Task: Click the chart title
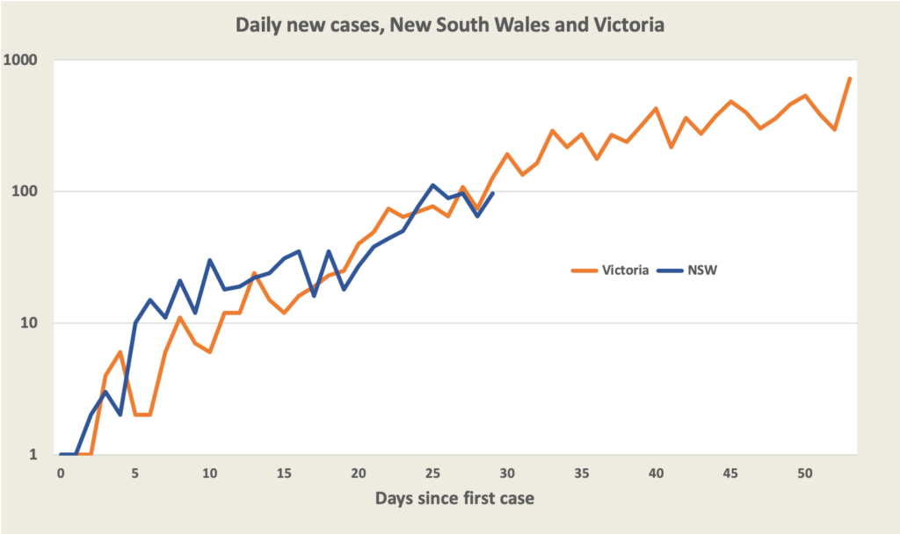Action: pos(449,25)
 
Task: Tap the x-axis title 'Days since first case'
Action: pos(454,499)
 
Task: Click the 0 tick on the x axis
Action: pos(61,473)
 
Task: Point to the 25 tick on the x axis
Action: pos(432,473)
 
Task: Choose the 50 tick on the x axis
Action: pos(804,473)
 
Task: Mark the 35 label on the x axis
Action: pos(581,473)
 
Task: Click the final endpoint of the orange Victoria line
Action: pos(850,78)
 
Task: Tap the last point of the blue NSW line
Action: pos(492,193)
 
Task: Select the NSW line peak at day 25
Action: pos(432,185)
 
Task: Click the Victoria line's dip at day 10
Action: pos(209,352)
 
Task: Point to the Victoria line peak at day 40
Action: pos(656,108)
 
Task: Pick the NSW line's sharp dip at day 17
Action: pos(314,296)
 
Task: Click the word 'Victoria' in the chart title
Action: pos(632,25)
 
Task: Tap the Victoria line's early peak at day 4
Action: pos(120,352)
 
